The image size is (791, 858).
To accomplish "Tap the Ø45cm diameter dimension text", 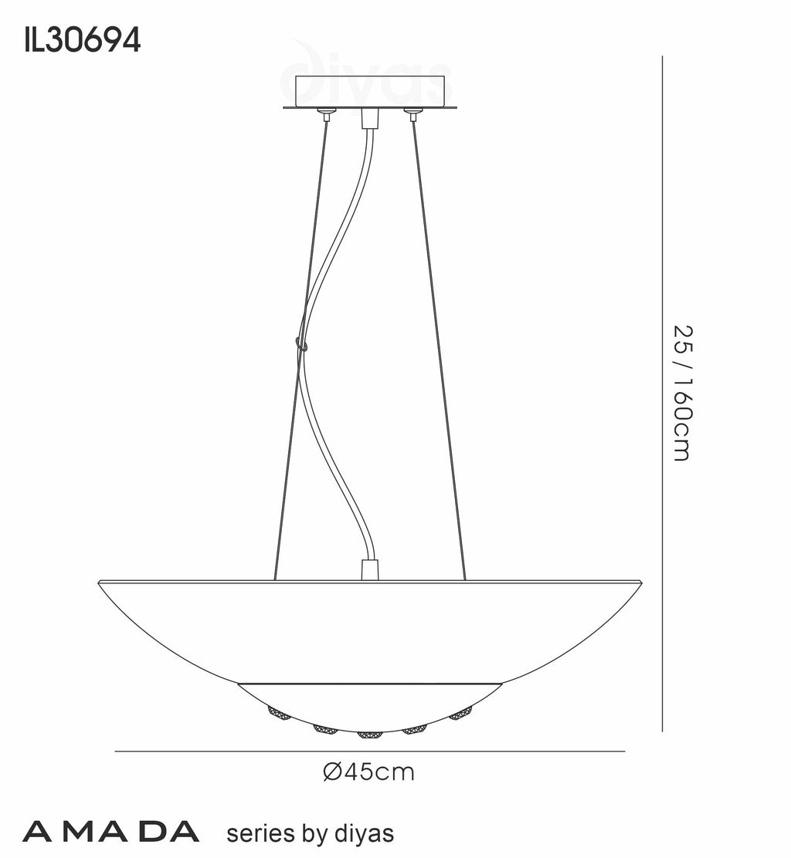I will [x=368, y=771].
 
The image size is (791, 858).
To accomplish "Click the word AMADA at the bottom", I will [x=111, y=833].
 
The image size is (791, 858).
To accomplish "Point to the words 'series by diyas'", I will [x=309, y=833].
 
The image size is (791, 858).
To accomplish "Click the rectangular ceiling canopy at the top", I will [x=371, y=92].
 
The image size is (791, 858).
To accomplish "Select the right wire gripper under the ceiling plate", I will [x=414, y=115].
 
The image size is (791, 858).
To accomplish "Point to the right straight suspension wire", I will [x=440, y=347].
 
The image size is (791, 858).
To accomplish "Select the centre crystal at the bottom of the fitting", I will [x=370, y=732].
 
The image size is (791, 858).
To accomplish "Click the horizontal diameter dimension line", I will [x=369, y=751].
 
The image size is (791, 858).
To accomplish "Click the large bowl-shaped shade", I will [x=369, y=625].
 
